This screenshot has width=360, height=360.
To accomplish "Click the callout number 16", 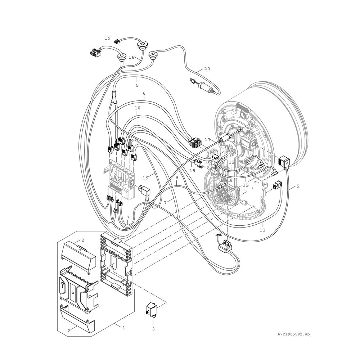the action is pyautogui.click(x=131, y=57).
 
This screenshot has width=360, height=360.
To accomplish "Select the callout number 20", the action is pyautogui.click(x=207, y=69).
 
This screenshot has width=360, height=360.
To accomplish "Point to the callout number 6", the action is pyautogui.click(x=144, y=94).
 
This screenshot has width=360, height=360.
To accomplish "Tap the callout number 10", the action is pyautogui.click(x=137, y=108).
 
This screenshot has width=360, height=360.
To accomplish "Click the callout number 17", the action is pyautogui.click(x=208, y=139).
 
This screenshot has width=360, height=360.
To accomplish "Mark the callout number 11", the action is pyautogui.click(x=262, y=230).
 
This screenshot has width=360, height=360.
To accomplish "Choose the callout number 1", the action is pyautogui.click(x=123, y=328).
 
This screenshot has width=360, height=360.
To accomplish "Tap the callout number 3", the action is pyautogui.click(x=153, y=329).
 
